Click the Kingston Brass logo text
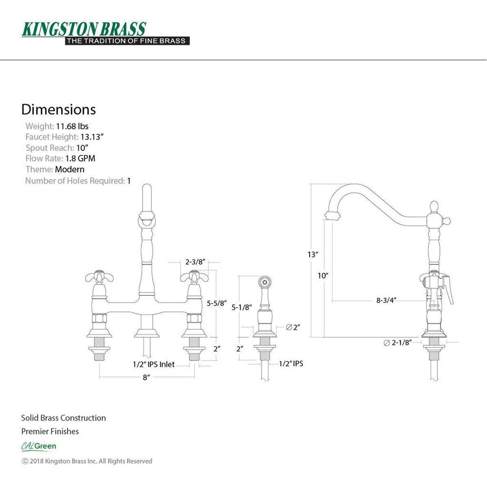(84, 29)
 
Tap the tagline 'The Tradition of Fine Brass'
(127, 41)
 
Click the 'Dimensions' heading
(58, 110)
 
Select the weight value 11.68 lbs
(72, 127)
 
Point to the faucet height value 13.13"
(92, 137)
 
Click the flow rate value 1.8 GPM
(80, 158)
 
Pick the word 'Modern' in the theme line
(69, 170)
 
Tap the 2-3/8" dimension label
(195, 262)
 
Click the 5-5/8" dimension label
(217, 303)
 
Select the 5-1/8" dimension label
(242, 307)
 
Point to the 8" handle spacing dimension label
(146, 377)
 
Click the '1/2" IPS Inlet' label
(154, 364)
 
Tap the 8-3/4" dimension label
(386, 300)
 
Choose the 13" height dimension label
(313, 255)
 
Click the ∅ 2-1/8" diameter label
(398, 342)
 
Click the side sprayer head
(265, 285)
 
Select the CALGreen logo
(39, 446)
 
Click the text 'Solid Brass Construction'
(63, 418)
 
